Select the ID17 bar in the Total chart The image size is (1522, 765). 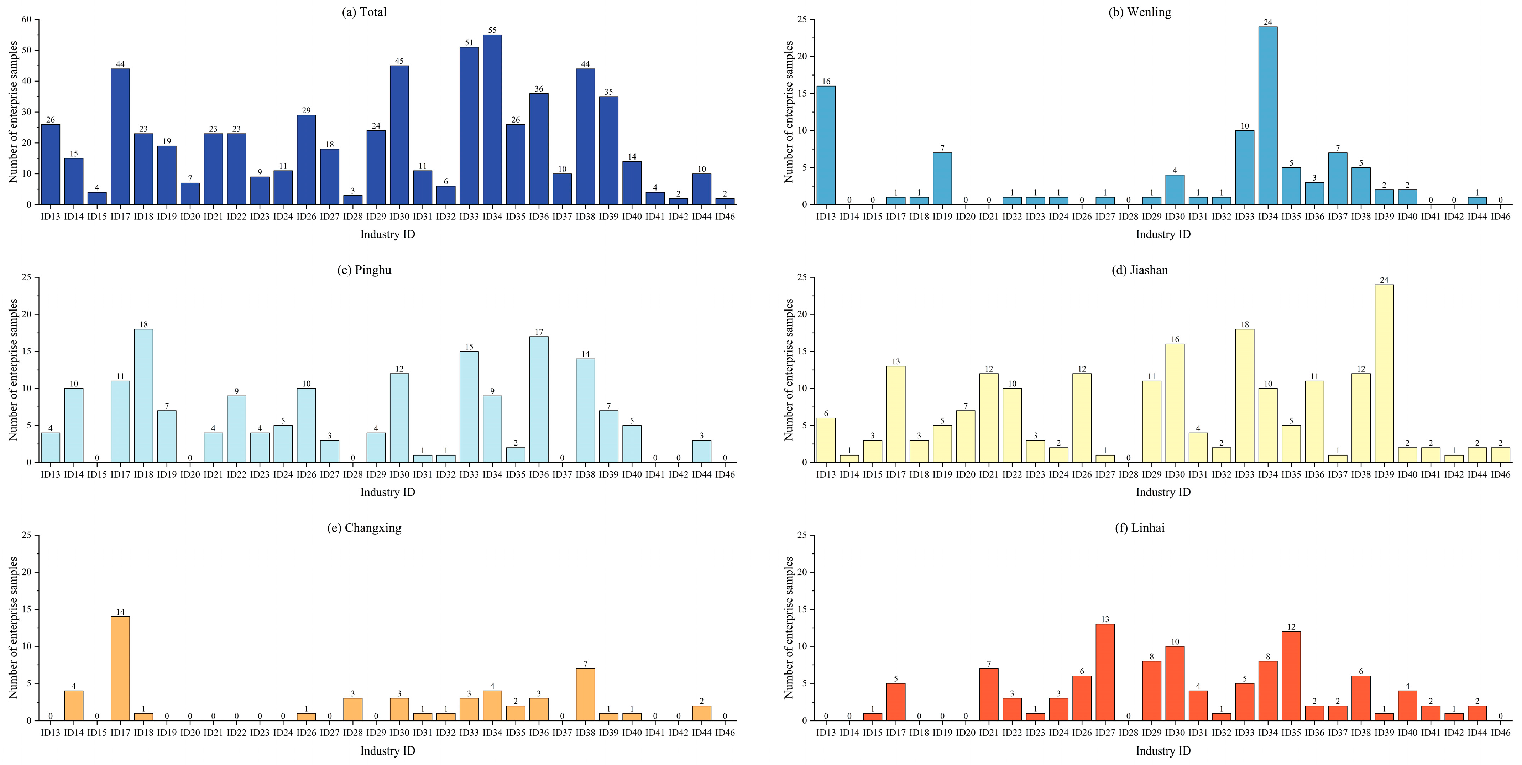tap(120, 136)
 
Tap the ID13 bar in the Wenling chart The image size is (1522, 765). tap(826, 145)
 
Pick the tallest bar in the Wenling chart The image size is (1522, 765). tap(1267, 116)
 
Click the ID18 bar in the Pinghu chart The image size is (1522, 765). tap(143, 396)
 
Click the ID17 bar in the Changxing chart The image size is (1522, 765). tap(120, 668)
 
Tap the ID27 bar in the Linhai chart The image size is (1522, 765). tap(1105, 672)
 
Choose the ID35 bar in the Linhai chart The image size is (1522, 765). tap(1291, 676)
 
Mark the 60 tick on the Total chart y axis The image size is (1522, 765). tap(27, 20)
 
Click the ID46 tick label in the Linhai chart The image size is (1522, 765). tap(1500, 733)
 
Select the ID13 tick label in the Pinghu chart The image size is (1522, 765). tap(50, 474)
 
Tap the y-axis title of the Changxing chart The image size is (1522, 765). tap(13, 628)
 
